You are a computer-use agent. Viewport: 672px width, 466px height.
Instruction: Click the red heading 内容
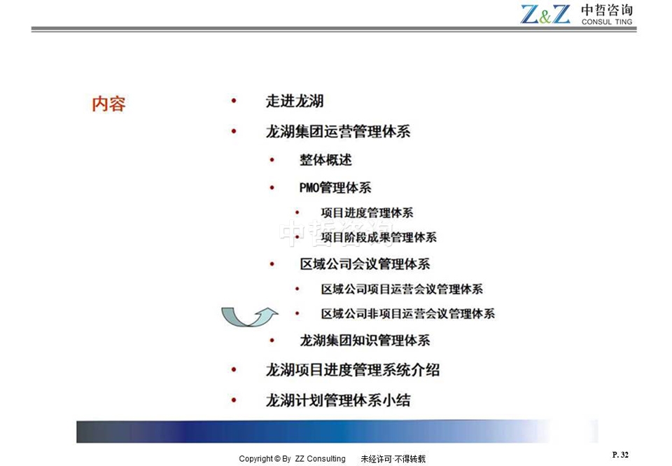tap(109, 104)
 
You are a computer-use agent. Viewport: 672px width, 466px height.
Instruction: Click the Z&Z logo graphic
tap(545, 14)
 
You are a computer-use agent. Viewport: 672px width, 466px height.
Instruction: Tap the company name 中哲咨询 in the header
tap(607, 10)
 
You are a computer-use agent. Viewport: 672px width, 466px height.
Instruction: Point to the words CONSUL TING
tap(607, 22)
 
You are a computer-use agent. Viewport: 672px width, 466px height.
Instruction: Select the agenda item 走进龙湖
tap(295, 102)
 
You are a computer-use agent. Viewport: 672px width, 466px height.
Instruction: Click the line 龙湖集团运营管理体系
tap(337, 131)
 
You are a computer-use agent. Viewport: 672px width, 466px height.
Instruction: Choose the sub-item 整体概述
tap(325, 160)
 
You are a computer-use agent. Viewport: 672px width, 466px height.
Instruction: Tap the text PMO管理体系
tap(335, 188)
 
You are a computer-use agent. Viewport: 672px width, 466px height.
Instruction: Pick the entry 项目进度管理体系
tap(367, 212)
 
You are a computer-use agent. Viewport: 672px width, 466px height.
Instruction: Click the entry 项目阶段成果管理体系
tap(379, 238)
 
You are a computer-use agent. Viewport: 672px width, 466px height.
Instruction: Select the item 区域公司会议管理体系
tap(365, 264)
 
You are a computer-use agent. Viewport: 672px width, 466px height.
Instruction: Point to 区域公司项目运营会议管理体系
tap(402, 289)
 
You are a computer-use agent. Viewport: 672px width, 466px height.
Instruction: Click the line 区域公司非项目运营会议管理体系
tap(408, 314)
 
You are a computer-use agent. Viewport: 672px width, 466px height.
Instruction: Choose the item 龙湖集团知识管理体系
tap(365, 341)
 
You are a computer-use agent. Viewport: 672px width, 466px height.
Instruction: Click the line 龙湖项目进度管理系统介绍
tap(352, 370)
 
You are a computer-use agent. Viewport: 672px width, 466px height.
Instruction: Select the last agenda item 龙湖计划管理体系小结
tap(337, 400)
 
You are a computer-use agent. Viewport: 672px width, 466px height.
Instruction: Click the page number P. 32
tap(620, 455)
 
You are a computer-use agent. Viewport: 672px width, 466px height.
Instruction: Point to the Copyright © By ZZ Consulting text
tap(293, 459)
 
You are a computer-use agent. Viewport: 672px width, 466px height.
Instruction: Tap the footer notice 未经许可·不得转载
tap(393, 459)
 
